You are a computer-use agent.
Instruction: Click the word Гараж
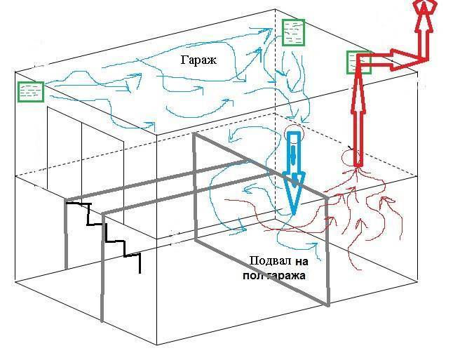pos(198,60)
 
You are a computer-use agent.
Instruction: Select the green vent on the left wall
pos(31,92)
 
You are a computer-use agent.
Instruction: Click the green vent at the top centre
pos(293,32)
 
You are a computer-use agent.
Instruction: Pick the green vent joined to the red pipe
pos(359,62)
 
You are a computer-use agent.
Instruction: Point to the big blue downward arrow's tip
pos(293,214)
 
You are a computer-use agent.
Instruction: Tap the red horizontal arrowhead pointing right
pos(406,60)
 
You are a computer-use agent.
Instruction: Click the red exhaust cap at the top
pos(424,6)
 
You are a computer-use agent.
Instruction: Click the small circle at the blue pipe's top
pos(295,133)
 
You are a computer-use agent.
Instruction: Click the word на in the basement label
pos(302,262)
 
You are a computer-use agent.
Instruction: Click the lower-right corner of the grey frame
pos(328,305)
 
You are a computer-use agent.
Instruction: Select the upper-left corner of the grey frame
pos(194,134)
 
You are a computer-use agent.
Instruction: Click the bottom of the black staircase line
pos(140,273)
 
